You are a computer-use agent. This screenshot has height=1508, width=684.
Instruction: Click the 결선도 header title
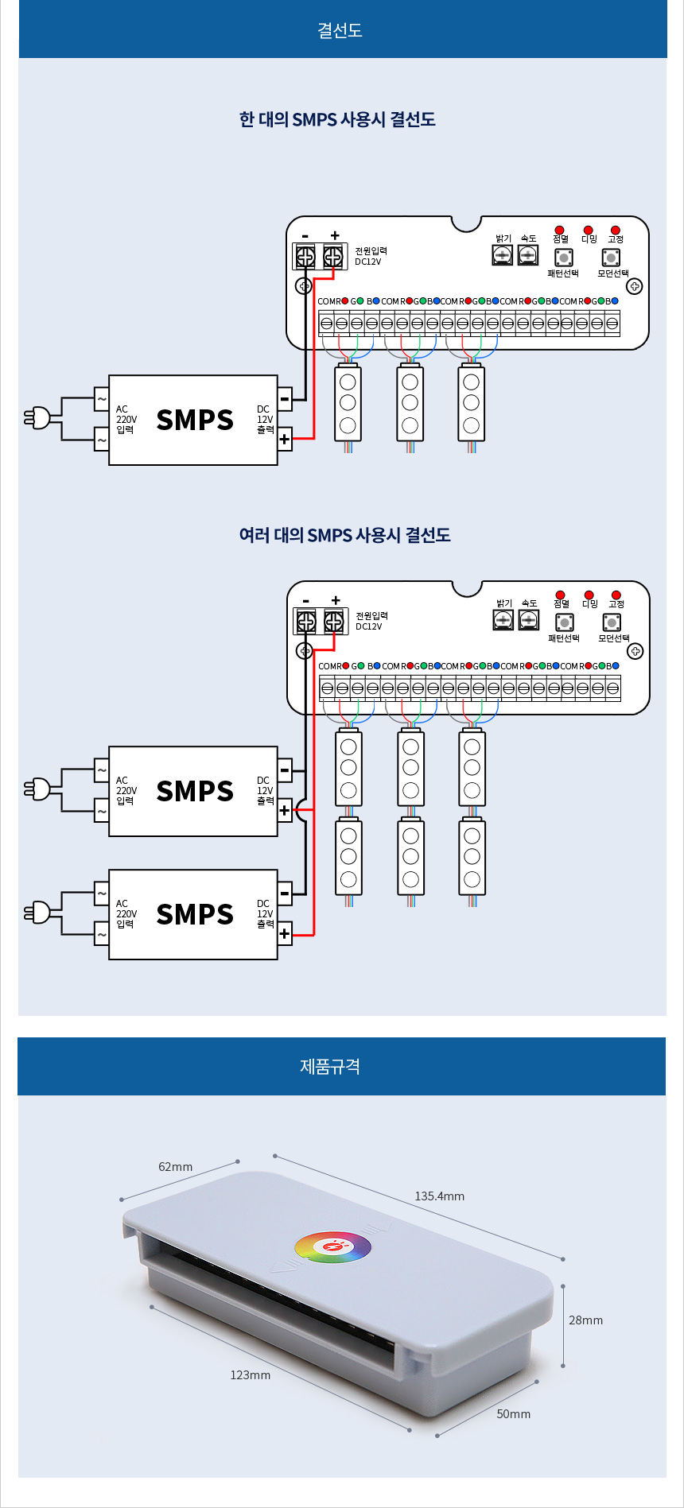click(340, 30)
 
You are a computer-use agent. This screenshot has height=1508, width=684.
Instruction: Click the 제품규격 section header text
click(330, 1066)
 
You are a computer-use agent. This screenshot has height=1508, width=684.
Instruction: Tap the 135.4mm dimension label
click(439, 1196)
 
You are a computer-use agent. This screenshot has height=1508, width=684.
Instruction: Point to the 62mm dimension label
click(175, 1166)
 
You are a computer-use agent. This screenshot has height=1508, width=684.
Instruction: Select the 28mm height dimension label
click(585, 1320)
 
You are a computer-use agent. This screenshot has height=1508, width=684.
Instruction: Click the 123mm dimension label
click(250, 1374)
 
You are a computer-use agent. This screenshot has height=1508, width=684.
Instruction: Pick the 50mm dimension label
click(513, 1413)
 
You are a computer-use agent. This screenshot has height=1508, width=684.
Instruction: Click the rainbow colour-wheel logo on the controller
click(332, 1246)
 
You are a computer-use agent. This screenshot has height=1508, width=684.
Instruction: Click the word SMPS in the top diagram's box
click(195, 420)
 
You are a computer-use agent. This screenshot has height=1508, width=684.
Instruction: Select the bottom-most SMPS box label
click(195, 914)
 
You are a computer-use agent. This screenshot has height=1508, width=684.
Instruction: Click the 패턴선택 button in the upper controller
click(563, 258)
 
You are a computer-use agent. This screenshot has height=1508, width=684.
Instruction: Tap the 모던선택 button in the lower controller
click(612, 622)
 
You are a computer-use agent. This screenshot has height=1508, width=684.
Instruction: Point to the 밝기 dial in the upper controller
click(503, 254)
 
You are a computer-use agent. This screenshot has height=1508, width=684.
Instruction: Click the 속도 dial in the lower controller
click(529, 619)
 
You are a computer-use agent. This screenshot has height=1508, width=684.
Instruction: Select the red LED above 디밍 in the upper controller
click(589, 231)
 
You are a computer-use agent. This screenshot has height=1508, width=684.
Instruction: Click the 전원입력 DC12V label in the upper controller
click(371, 256)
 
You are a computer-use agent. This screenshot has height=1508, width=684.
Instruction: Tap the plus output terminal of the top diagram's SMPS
click(285, 439)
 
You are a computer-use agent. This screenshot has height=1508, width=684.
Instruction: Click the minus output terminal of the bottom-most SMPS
click(285, 894)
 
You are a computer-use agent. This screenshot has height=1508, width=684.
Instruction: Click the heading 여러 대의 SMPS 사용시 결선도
click(344, 534)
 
